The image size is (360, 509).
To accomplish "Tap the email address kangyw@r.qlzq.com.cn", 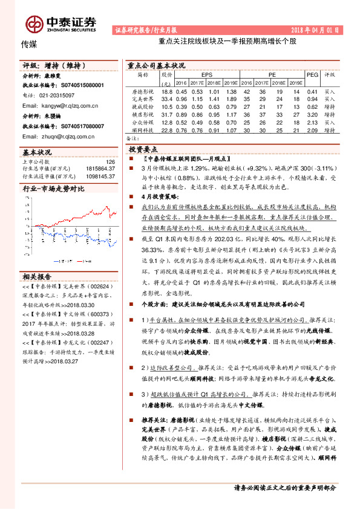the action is point(60,105).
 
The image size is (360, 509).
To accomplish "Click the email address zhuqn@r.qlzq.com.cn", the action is point(58,137).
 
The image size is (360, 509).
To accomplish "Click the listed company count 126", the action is point(110,161).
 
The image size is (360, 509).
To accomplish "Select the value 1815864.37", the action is point(102,169).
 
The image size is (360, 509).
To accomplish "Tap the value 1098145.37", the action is point(102,176).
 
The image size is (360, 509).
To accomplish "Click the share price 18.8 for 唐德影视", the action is point(168,91).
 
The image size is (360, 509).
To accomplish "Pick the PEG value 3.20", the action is point(312,114).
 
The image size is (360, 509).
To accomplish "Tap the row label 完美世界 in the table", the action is point(143,99).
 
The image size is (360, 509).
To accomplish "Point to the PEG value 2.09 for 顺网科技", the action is point(312,129).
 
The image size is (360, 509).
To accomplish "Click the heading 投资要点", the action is point(143,148).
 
